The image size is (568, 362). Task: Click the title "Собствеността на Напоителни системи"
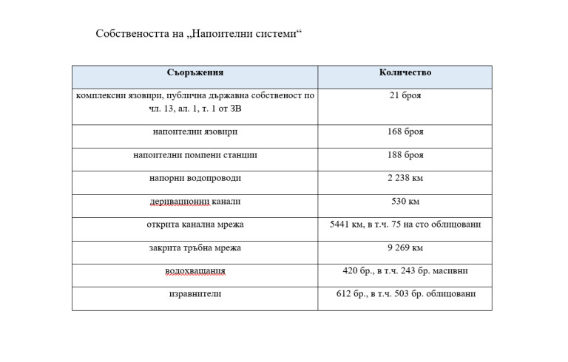tap(200, 34)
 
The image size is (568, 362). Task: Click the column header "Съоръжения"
tap(195, 73)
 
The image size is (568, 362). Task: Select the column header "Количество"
tap(405, 73)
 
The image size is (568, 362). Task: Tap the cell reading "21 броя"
tap(405, 95)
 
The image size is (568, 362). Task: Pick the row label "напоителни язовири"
tap(195, 132)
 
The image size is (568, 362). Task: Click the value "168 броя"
tap(405, 132)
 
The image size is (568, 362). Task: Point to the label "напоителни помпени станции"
tap(195, 155)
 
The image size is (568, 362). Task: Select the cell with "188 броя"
tap(405, 155)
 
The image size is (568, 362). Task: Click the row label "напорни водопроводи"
tap(195, 178)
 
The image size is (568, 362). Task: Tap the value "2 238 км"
tap(405, 178)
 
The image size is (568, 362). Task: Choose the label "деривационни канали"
tap(195, 201)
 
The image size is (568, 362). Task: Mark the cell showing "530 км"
tap(405, 201)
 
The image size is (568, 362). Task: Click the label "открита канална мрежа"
tap(195, 225)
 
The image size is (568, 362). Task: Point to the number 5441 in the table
tap(341, 225)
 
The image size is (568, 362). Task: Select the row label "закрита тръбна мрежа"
tap(195, 247)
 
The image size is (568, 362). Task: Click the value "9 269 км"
tap(405, 247)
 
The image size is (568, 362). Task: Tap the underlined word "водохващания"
tap(195, 271)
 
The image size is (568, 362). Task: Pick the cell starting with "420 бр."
tap(405, 271)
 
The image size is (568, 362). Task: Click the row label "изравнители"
tap(195, 294)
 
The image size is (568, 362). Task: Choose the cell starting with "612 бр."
tap(405, 294)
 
